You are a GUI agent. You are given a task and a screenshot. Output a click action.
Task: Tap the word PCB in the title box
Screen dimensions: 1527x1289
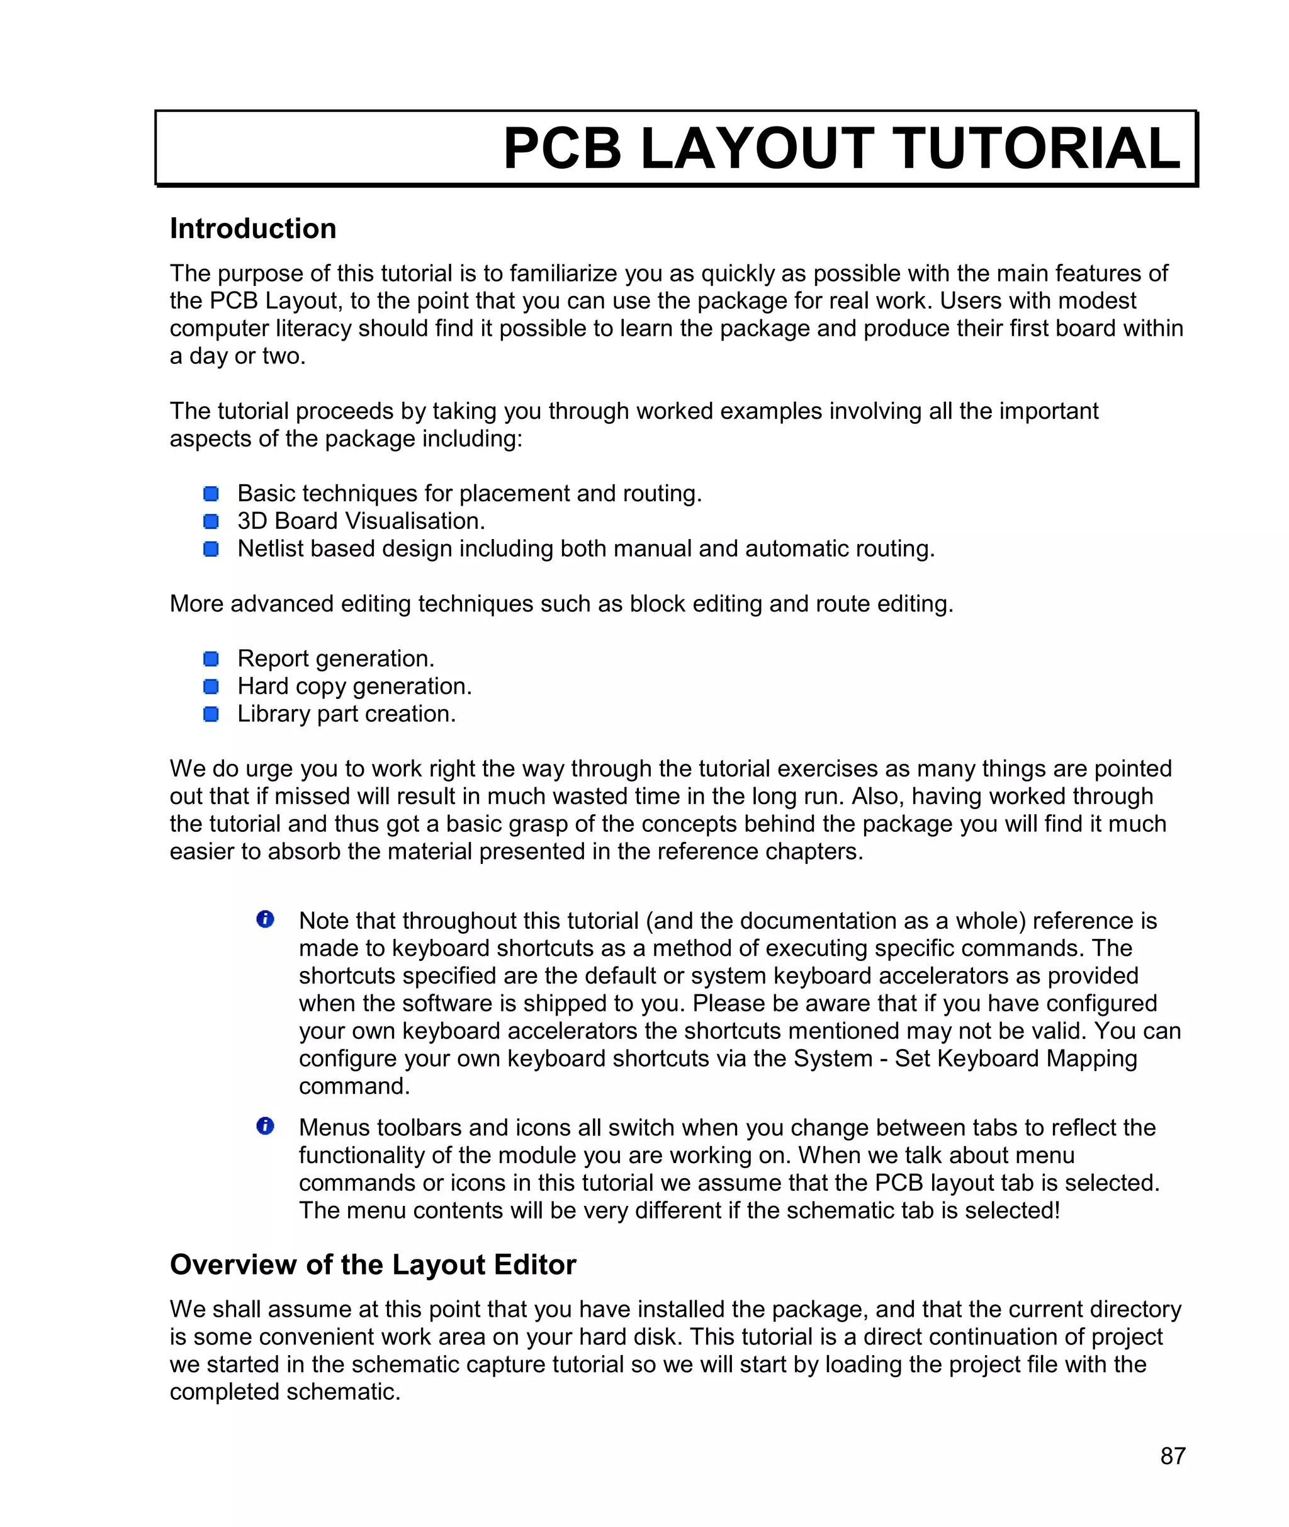pyautogui.click(x=562, y=149)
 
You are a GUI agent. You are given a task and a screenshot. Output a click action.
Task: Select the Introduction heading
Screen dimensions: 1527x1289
pyautogui.click(x=253, y=229)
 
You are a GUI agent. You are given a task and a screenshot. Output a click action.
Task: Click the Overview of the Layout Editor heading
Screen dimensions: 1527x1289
pyautogui.click(x=373, y=1265)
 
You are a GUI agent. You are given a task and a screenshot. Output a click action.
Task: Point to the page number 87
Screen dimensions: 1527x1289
pyautogui.click(x=1173, y=1455)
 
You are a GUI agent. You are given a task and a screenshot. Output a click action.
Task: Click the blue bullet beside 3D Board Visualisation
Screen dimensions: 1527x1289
pyautogui.click(x=211, y=521)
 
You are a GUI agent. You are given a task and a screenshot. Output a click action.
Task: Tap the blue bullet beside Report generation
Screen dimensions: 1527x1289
pyautogui.click(x=211, y=659)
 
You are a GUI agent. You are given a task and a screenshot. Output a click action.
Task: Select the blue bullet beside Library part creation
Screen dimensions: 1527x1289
pyautogui.click(x=211, y=714)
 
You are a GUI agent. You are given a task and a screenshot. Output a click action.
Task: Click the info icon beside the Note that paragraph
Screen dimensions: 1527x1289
pyautogui.click(x=265, y=919)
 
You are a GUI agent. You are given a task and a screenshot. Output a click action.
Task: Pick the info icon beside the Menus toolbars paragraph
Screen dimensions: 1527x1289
pyautogui.click(x=265, y=1127)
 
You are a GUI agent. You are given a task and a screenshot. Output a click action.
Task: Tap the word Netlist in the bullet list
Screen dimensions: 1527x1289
pyautogui.click(x=269, y=549)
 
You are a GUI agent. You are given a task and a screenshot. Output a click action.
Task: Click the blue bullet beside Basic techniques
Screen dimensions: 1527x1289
pyautogui.click(x=211, y=494)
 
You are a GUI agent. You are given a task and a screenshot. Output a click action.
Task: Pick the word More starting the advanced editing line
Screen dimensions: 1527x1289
pyautogui.click(x=196, y=604)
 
